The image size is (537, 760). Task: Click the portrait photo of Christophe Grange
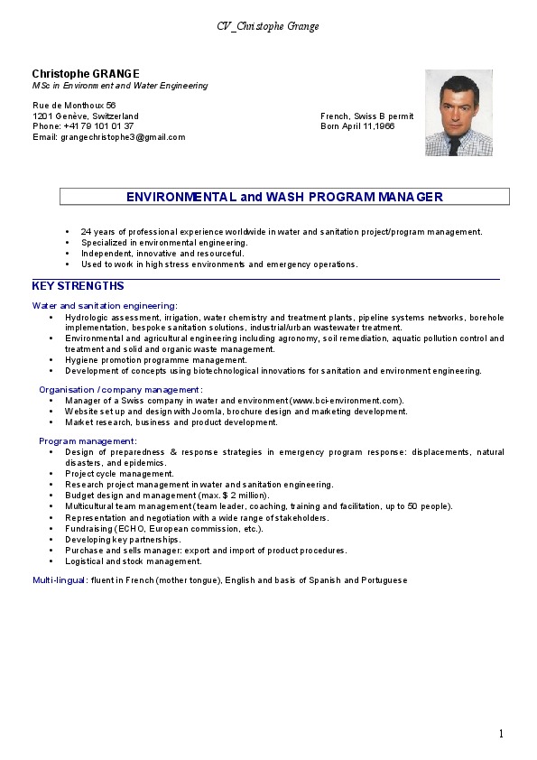tap(458, 113)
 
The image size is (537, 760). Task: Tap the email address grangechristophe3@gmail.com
tap(122, 137)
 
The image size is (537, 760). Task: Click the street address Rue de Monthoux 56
tap(74, 106)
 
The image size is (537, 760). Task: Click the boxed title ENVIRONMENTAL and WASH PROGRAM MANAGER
tap(284, 196)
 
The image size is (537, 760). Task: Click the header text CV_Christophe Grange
tap(268, 26)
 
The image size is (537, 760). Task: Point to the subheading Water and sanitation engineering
tap(105, 306)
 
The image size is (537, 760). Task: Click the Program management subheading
tap(88, 440)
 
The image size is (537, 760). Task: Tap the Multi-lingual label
tap(59, 579)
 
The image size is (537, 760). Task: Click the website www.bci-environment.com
tap(346, 400)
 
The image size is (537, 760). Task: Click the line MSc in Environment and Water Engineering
tap(120, 85)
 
